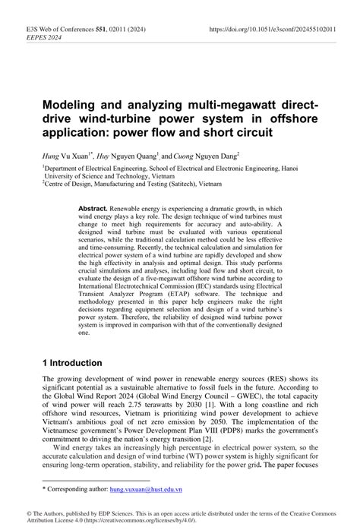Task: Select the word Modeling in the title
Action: pos(74,103)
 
